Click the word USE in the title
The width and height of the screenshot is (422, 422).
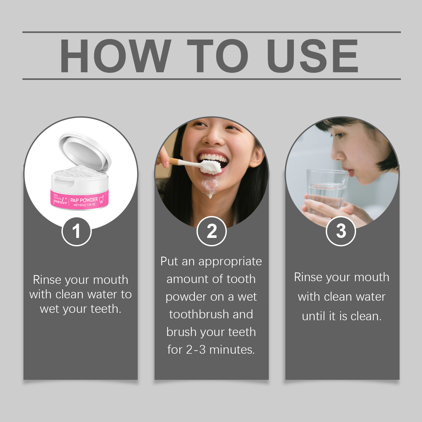[313, 56]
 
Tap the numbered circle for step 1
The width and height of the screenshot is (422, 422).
[76, 231]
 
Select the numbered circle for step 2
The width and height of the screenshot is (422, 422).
[212, 231]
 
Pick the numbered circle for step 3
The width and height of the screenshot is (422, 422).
[341, 231]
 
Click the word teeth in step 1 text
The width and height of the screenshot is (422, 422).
[105, 309]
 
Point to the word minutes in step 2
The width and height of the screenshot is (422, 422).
[232, 350]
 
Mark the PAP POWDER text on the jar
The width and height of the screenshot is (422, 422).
[84, 200]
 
